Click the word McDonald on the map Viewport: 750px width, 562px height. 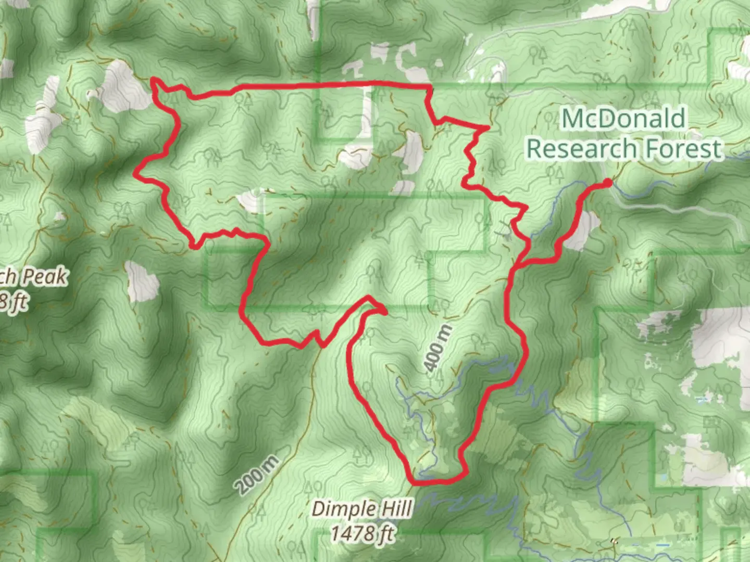[623, 119]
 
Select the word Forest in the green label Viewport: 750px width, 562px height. [683, 148]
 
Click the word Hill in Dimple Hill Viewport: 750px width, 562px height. [396, 508]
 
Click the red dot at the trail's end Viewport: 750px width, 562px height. [607, 182]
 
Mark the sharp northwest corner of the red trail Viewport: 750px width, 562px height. [153, 80]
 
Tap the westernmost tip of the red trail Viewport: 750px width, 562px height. [137, 174]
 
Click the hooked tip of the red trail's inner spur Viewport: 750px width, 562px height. [384, 312]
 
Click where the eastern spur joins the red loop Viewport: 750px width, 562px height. [517, 266]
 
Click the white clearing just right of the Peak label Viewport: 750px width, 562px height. [142, 281]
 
